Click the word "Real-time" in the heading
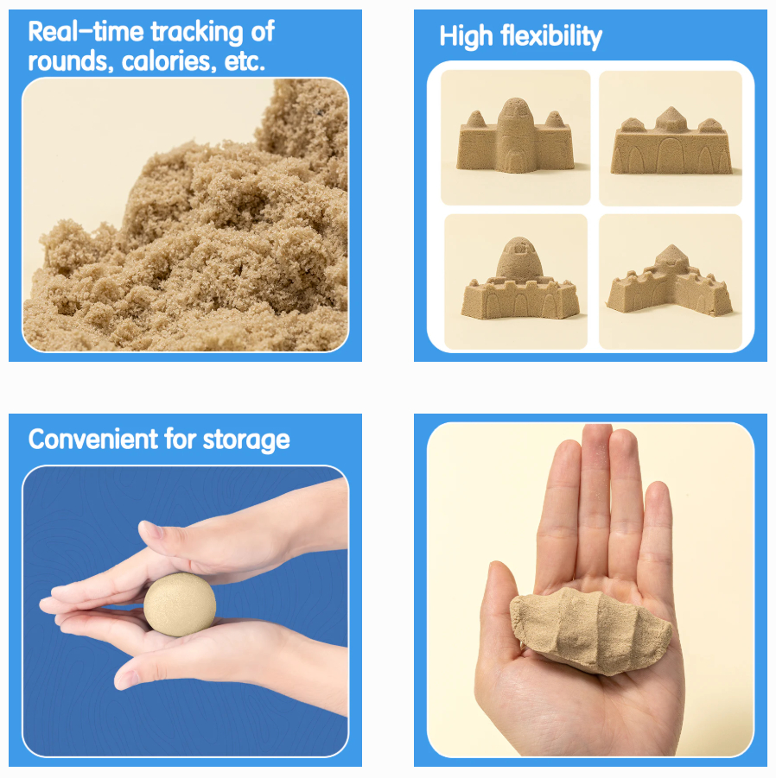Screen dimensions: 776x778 pyautogui.click(x=86, y=31)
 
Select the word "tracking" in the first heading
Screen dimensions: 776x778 pyautogui.click(x=197, y=33)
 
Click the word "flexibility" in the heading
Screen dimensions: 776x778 pyautogui.click(x=551, y=37)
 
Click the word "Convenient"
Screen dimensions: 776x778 pyautogui.click(x=92, y=440)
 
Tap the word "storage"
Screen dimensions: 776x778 pyautogui.click(x=246, y=440)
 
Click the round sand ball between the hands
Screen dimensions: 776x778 pyautogui.click(x=180, y=604)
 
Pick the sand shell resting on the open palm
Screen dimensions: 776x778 pyautogui.click(x=591, y=628)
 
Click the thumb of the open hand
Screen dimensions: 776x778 pyautogui.click(x=499, y=616)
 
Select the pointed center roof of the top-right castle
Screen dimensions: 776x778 pyautogui.click(x=671, y=118)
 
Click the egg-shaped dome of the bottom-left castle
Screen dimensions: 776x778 pyautogui.click(x=519, y=258)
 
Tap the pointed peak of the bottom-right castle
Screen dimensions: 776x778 pyautogui.click(x=671, y=255)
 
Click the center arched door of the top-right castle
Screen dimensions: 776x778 pyautogui.click(x=671, y=155)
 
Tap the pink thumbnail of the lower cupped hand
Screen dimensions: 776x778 pyautogui.click(x=127, y=679)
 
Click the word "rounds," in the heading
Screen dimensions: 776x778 pyautogui.click(x=68, y=62)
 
